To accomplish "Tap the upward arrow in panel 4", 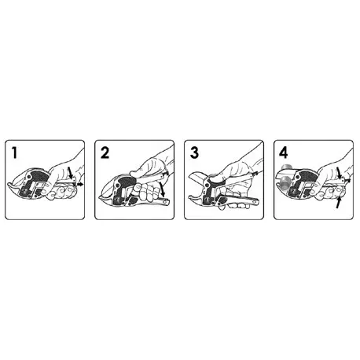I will coord(337,204).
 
